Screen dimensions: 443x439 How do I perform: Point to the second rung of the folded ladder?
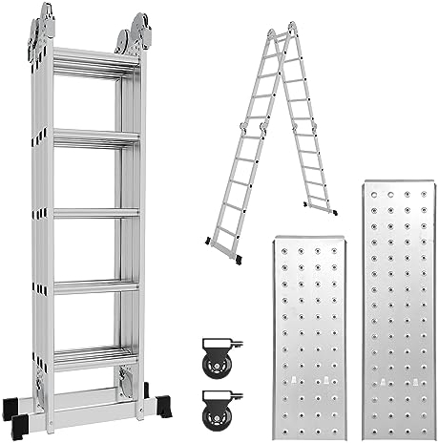point(94,137)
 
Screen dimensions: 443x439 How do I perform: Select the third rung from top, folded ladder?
point(94,212)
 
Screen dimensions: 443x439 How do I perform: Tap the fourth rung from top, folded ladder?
point(94,284)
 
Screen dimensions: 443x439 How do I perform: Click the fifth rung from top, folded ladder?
point(94,356)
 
